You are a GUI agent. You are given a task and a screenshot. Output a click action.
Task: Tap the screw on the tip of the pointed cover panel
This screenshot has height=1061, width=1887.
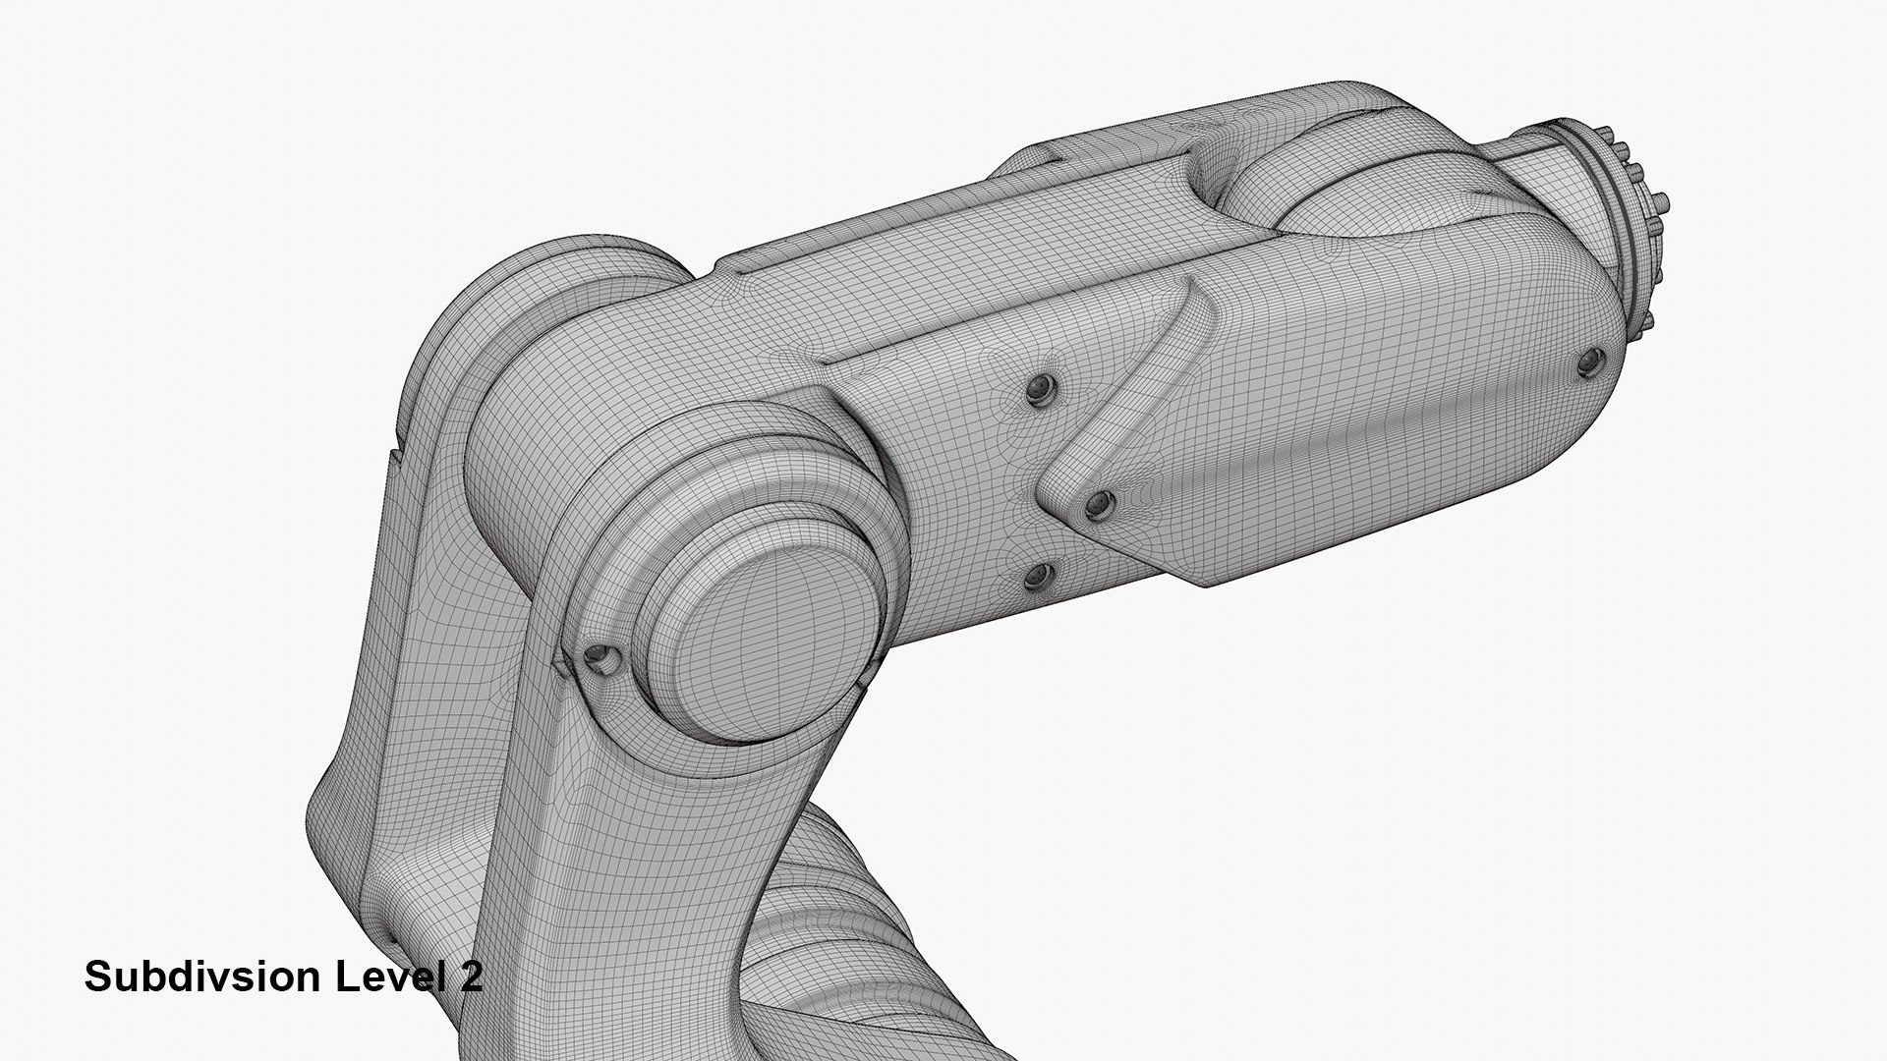click(1100, 504)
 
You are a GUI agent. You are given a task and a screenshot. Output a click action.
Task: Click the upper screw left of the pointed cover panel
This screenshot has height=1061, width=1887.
click(1038, 391)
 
